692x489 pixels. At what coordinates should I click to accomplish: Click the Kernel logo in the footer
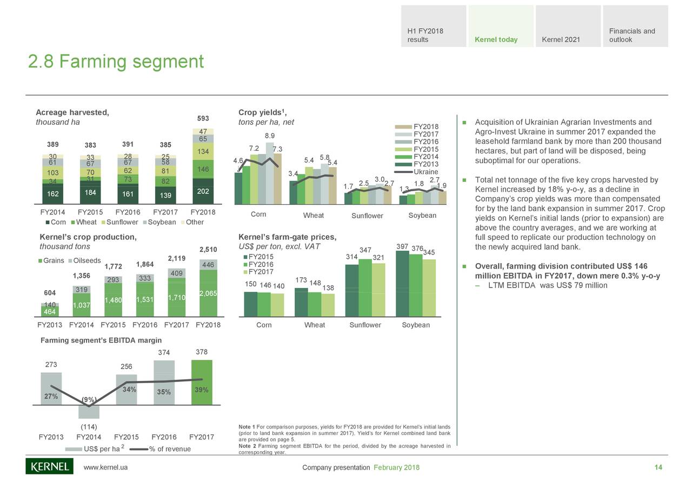(x=49, y=466)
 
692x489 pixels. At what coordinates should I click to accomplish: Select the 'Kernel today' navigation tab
(x=496, y=39)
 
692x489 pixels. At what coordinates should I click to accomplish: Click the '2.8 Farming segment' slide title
(x=116, y=62)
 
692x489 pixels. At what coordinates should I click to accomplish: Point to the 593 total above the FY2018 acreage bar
(x=203, y=118)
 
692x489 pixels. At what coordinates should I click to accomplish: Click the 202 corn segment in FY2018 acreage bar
(x=203, y=191)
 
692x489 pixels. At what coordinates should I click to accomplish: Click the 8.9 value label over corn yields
(x=270, y=136)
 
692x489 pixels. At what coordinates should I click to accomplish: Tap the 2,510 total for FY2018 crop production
(x=208, y=250)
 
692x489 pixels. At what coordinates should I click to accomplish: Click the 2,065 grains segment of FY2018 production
(x=208, y=293)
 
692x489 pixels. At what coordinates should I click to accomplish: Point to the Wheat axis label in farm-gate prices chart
(x=314, y=325)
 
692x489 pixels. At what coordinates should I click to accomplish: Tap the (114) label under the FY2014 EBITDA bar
(x=89, y=426)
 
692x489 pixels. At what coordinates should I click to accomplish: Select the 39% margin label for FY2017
(x=201, y=390)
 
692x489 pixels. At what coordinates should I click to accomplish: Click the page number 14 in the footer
(x=658, y=467)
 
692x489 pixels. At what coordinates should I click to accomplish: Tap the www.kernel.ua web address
(x=105, y=467)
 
